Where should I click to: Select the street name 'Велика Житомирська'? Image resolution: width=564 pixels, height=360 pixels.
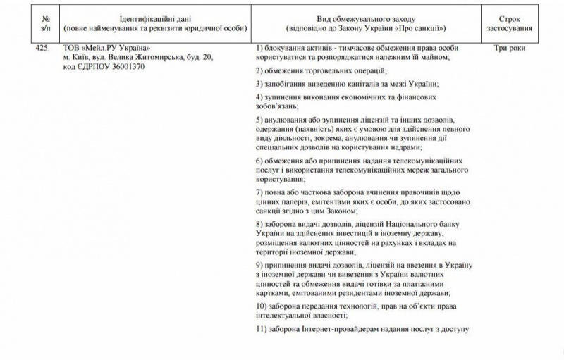pos(134,56)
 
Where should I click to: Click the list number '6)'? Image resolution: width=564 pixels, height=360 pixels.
pos(259,161)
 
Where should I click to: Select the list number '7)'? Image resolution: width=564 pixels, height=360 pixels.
pos(259,192)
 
